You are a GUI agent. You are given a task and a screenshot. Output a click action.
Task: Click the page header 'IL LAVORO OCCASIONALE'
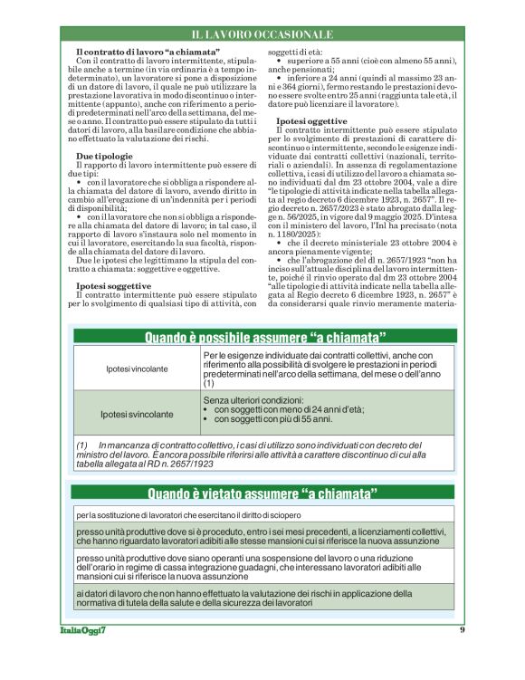[262, 34]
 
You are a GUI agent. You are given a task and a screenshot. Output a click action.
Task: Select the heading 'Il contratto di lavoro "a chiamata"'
[148, 53]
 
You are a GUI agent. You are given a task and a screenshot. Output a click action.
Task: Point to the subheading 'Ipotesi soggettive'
[113, 284]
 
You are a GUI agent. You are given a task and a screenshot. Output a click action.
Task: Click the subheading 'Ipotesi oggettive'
[310, 120]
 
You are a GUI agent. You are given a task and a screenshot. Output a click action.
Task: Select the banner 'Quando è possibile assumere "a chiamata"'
[262, 338]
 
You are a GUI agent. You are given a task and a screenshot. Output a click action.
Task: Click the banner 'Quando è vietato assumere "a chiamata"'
[262, 494]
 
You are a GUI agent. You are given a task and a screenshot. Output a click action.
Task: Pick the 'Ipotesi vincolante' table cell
[136, 370]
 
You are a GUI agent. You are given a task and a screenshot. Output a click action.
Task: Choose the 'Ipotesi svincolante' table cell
[136, 414]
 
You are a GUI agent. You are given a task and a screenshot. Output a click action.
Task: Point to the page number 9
[463, 629]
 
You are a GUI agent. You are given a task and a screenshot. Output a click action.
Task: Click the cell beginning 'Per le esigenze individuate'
[317, 370]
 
